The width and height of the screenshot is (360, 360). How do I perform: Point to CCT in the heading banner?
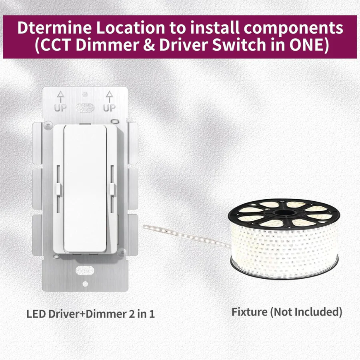tap(52, 46)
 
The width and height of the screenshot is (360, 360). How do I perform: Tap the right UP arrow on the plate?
tap(109, 97)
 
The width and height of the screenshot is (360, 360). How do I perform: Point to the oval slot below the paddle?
tap(85, 269)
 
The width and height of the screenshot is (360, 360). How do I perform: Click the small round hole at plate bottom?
tap(85, 284)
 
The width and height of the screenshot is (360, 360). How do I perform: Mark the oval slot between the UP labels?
tap(85, 107)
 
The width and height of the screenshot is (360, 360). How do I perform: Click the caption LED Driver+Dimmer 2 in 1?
tap(90, 313)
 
